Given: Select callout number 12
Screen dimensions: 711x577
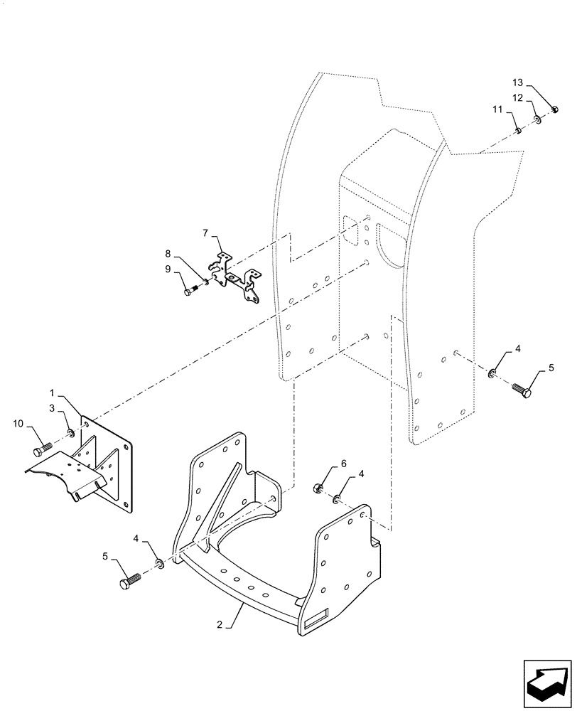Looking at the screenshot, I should [518, 97].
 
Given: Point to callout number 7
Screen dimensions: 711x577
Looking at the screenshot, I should [205, 232].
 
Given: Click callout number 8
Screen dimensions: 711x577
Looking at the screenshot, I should [168, 252].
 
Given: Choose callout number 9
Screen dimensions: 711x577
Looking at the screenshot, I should [168, 269].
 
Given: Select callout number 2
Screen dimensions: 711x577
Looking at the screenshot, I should [220, 625].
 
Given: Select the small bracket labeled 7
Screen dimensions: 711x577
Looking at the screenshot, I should [234, 277].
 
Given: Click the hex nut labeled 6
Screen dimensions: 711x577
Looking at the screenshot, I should [319, 488].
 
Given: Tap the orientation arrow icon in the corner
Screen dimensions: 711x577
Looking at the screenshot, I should [546, 682].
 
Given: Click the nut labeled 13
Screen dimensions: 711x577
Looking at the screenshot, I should [555, 109].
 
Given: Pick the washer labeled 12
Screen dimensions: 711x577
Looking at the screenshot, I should [538, 119].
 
